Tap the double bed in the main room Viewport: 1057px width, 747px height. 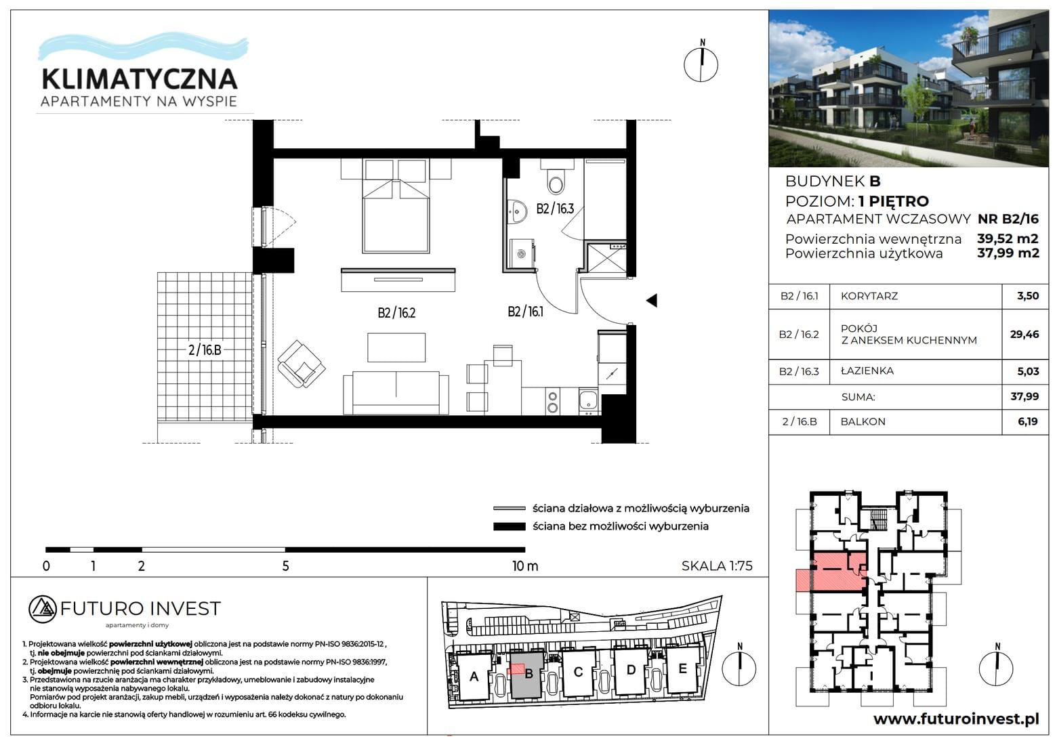[396, 206]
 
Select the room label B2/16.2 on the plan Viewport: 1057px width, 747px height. [396, 313]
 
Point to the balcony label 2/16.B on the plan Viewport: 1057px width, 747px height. [205, 350]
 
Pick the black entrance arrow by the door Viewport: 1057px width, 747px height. [652, 301]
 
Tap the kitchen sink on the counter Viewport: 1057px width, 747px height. [588, 400]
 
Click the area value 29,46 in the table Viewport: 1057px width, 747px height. [1024, 335]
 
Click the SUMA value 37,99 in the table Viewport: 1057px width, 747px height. [1024, 397]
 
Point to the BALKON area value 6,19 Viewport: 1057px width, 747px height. [1028, 422]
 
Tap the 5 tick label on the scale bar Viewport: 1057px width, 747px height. [285, 566]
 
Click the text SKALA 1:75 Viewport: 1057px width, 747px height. [717, 566]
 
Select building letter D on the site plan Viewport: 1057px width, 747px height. [630, 670]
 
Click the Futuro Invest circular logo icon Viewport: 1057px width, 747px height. [43, 610]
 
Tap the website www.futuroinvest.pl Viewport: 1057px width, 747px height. [956, 719]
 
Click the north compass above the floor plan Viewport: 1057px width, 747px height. [701, 64]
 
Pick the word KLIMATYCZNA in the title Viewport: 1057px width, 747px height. [140, 79]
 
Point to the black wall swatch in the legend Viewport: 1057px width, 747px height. [509, 526]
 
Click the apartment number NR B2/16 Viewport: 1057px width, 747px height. [1008, 219]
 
